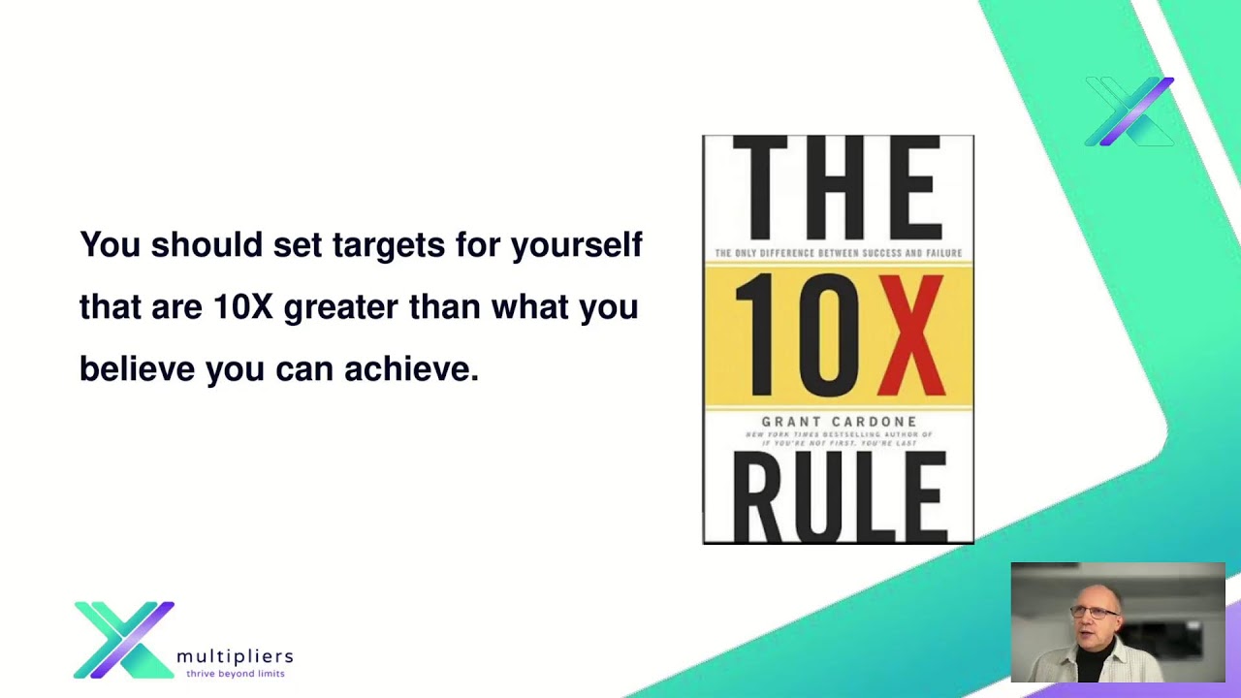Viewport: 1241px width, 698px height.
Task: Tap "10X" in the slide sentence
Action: tap(243, 307)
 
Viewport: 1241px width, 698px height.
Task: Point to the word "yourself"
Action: tap(576, 244)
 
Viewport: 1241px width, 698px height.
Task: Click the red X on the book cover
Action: tap(912, 335)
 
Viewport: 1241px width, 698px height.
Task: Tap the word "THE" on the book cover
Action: tap(838, 188)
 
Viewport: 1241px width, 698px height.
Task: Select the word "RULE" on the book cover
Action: tap(838, 498)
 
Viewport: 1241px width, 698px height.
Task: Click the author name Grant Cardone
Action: tap(839, 421)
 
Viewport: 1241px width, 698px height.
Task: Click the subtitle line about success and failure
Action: tap(838, 254)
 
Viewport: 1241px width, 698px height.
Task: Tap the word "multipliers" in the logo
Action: tap(235, 656)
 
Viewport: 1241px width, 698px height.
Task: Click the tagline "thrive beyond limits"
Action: tap(236, 673)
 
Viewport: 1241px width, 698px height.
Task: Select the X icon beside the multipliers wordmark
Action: tap(124, 640)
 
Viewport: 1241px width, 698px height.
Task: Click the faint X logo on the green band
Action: tap(1130, 111)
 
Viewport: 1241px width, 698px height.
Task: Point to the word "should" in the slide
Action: tap(207, 244)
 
